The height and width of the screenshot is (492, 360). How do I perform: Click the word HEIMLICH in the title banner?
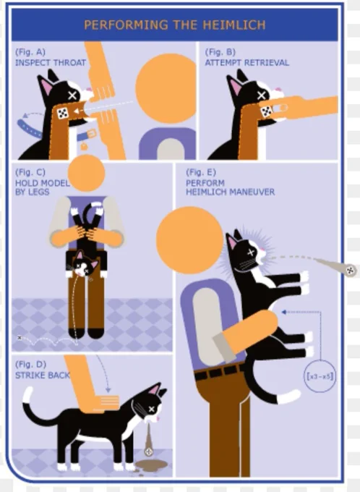[234, 25]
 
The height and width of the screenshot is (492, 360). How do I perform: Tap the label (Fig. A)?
[30, 52]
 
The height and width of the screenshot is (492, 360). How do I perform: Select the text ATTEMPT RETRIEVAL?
[247, 63]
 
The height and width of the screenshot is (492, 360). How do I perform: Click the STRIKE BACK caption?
[43, 376]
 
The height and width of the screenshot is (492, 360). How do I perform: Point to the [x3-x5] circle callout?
[320, 376]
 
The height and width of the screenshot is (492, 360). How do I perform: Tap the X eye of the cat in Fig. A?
[72, 96]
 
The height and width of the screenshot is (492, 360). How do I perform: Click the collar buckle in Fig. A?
[92, 135]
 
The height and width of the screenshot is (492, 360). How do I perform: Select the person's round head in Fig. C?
[86, 173]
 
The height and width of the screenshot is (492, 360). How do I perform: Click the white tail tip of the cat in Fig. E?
[288, 396]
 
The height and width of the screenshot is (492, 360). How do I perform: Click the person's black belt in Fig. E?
[220, 372]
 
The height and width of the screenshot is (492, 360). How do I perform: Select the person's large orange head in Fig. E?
[189, 240]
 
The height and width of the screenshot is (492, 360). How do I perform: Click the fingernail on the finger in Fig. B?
[280, 109]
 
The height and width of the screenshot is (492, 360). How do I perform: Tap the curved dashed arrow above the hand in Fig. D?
[103, 373]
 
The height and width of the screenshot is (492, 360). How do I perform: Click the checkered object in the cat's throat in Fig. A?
[63, 113]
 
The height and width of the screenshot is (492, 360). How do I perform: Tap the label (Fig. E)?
[201, 172]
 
